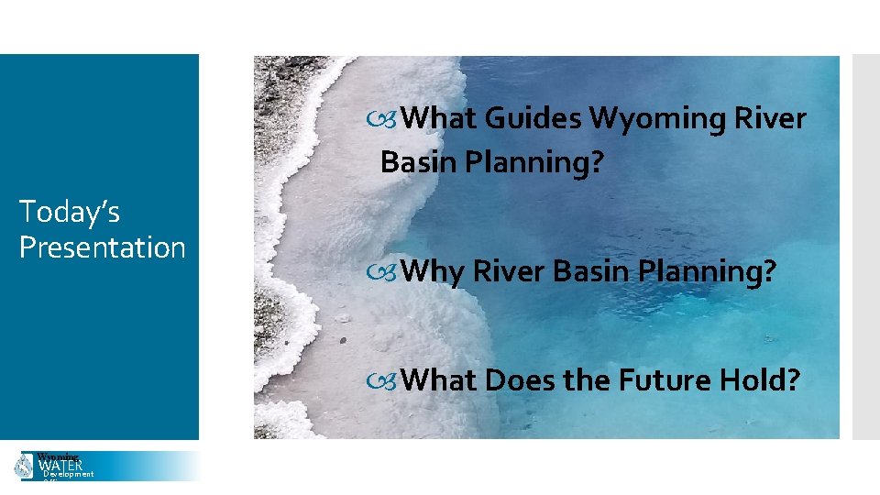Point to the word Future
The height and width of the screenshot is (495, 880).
[x=661, y=379]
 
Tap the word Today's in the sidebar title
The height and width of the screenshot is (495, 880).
[x=70, y=212]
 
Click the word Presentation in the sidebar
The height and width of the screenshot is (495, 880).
[x=102, y=247]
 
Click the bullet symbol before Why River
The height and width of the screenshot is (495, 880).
[x=389, y=271]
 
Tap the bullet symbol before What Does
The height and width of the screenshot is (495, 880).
[x=389, y=379]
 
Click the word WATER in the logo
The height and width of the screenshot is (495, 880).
[x=60, y=466]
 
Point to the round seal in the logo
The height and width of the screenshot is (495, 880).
[x=24, y=466]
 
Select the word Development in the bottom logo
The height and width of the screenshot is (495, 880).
[x=69, y=475]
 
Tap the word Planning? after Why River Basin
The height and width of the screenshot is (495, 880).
[x=711, y=270]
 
